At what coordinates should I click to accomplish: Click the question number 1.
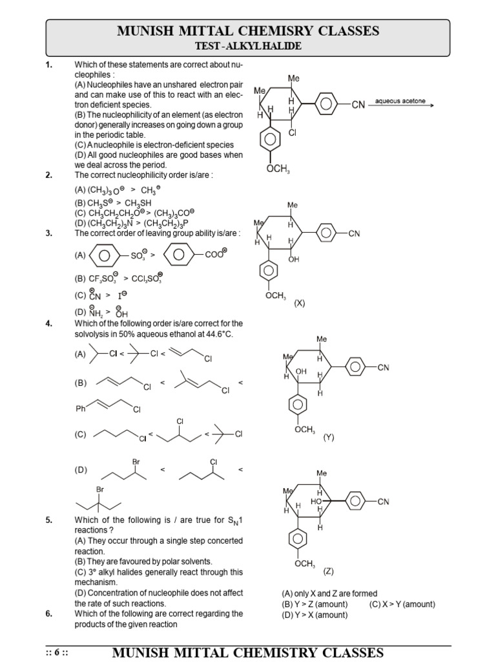point(49,65)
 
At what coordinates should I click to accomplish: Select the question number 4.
point(49,324)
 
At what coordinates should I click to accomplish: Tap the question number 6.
point(49,614)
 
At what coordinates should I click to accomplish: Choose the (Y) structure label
point(329,437)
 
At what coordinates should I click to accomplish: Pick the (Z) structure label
point(329,571)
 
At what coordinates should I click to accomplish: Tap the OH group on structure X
point(294,259)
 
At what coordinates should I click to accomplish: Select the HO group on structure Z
point(316,501)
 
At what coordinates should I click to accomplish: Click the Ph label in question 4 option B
point(81,409)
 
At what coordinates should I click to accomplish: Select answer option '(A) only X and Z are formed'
point(329,593)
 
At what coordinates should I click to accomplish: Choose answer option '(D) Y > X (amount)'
point(315,615)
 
